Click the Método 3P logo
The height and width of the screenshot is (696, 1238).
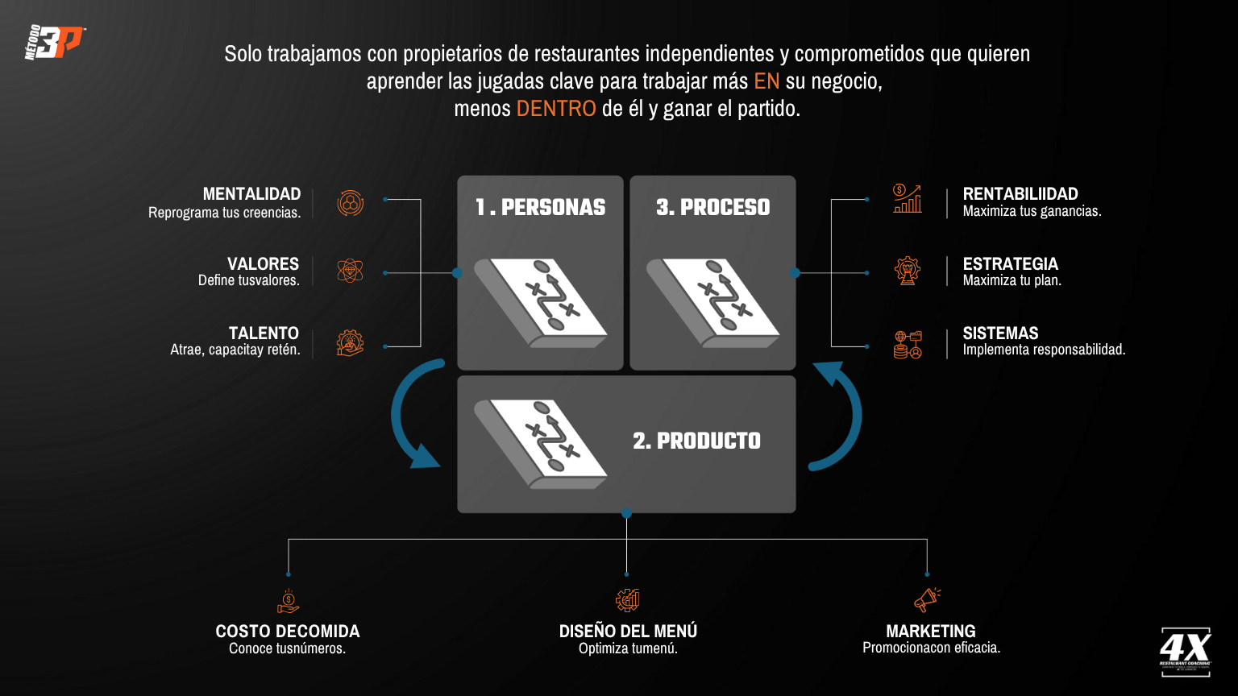(x=55, y=43)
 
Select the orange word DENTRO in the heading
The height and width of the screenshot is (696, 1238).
(x=556, y=109)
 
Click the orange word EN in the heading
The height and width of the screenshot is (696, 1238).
(x=766, y=81)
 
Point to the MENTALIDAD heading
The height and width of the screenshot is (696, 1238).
(x=251, y=194)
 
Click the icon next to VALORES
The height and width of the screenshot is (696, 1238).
(x=350, y=271)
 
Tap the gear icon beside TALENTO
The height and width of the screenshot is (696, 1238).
(x=350, y=343)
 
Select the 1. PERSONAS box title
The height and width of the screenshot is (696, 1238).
(x=540, y=208)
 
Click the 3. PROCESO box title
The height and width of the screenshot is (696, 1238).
(x=712, y=208)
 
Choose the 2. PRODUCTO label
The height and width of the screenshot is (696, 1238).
(x=696, y=441)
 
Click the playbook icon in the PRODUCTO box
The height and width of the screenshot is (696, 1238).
(x=541, y=442)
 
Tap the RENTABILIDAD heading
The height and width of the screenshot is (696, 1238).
(x=1020, y=194)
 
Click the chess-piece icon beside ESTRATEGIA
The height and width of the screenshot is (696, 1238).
(x=908, y=271)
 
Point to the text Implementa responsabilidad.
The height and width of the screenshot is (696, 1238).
(x=1044, y=350)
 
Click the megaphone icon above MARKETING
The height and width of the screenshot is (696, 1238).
(x=927, y=600)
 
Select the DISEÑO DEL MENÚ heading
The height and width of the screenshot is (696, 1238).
(x=628, y=632)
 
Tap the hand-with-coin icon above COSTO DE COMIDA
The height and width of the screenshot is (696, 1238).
(x=288, y=601)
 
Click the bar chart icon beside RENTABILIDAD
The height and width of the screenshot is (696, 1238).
(x=907, y=199)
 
